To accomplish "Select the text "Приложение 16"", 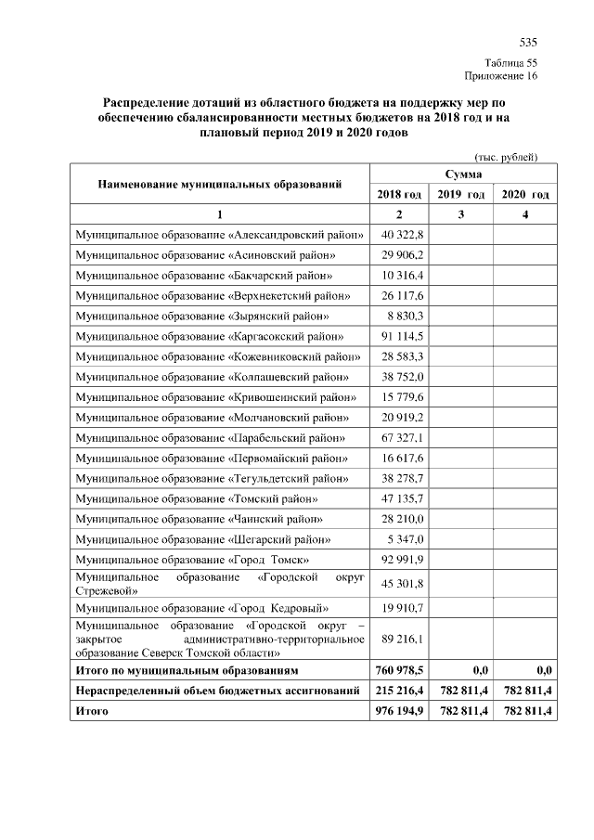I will click(500, 76).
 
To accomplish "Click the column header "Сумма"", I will click(463, 174).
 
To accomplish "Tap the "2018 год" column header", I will click(399, 195).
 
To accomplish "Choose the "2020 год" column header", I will click(524, 195).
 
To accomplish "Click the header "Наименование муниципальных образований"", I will click(220, 184).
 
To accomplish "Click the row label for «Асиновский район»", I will click(206, 254).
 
